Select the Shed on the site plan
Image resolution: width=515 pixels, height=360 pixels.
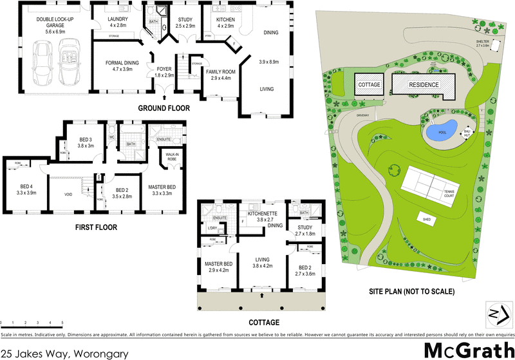point(427,218)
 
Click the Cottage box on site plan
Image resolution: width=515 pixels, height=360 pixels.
point(370,85)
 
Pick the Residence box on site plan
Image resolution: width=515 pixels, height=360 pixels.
point(423,84)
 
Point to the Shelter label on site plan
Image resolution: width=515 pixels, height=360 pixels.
point(482,43)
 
